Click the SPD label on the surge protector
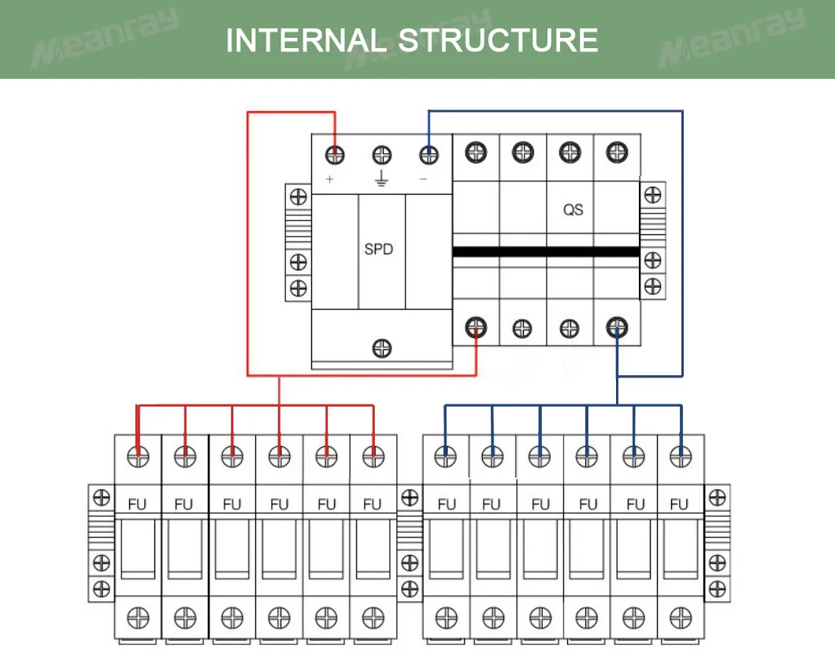pyautogui.click(x=378, y=249)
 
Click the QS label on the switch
pyautogui.click(x=573, y=210)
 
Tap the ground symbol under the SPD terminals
pyautogui.click(x=381, y=180)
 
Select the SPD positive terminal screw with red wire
pyautogui.click(x=336, y=154)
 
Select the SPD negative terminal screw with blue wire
pyautogui.click(x=429, y=154)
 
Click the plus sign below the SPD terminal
pyautogui.click(x=329, y=180)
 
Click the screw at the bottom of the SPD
pyautogui.click(x=382, y=348)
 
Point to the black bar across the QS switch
pyautogui.click(x=545, y=251)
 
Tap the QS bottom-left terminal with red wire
pyautogui.click(x=476, y=326)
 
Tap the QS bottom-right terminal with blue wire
pyautogui.click(x=617, y=326)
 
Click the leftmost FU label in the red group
pyautogui.click(x=137, y=504)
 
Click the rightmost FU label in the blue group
pyautogui.click(x=678, y=504)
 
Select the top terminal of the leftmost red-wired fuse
pyautogui.click(x=139, y=456)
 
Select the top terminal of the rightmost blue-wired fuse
pyautogui.click(x=680, y=456)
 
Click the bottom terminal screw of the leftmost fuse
pyautogui.click(x=139, y=616)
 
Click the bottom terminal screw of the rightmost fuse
pyautogui.click(x=680, y=616)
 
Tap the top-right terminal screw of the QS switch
pyautogui.click(x=617, y=151)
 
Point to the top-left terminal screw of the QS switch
pyautogui.click(x=476, y=151)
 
